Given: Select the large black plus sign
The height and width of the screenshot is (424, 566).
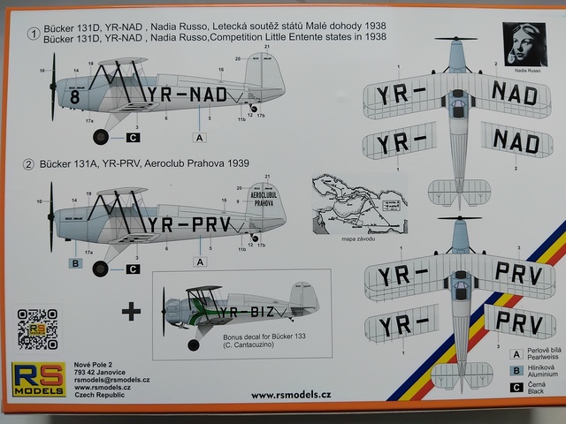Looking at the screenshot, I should tap(130, 310).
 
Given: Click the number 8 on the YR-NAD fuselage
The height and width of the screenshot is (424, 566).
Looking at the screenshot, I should tap(76, 97).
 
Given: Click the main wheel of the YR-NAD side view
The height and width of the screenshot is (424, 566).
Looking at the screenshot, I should tap(101, 136).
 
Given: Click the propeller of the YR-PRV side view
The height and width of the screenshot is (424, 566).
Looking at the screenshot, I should tap(51, 216).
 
